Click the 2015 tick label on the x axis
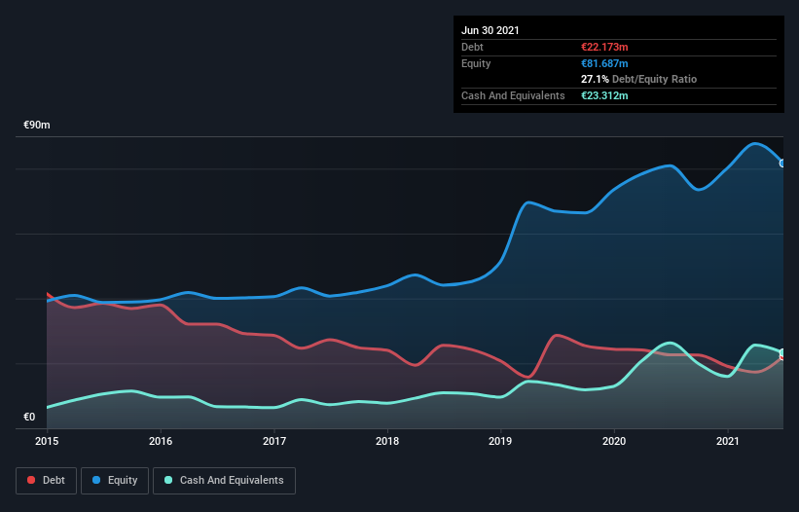point(47,441)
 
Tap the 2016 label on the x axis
point(161,441)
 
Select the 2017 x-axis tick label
point(274,441)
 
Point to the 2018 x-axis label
point(387,441)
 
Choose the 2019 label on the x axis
point(501,441)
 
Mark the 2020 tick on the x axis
point(614,441)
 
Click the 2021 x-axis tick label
point(728,441)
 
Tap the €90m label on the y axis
point(37,126)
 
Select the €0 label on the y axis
point(29,418)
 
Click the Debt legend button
point(47,480)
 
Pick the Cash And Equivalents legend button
point(224,480)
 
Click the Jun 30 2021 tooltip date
point(490,30)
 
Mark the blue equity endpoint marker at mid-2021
point(782,163)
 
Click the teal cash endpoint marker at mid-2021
point(782,352)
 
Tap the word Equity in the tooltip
point(476,63)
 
